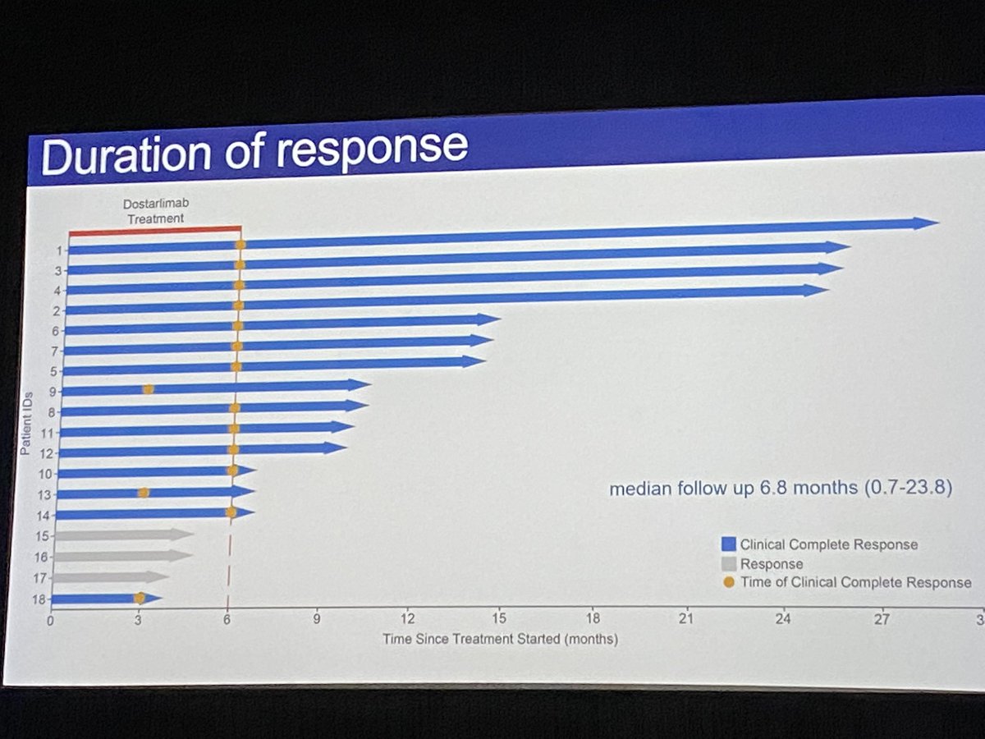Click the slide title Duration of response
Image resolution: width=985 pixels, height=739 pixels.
(254, 149)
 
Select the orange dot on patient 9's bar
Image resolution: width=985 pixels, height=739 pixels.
(148, 388)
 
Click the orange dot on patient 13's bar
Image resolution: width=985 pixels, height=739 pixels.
(143, 493)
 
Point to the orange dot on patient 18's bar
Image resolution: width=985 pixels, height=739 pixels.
(140, 598)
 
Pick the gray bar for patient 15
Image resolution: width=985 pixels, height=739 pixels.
(123, 535)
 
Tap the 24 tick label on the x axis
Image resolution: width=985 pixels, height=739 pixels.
(784, 619)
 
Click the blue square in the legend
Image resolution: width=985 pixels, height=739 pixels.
(728, 544)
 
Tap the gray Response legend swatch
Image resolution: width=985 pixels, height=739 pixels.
(728, 564)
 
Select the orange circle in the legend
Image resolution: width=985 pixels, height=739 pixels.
(728, 582)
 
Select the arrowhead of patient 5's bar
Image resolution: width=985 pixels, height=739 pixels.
(474, 361)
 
